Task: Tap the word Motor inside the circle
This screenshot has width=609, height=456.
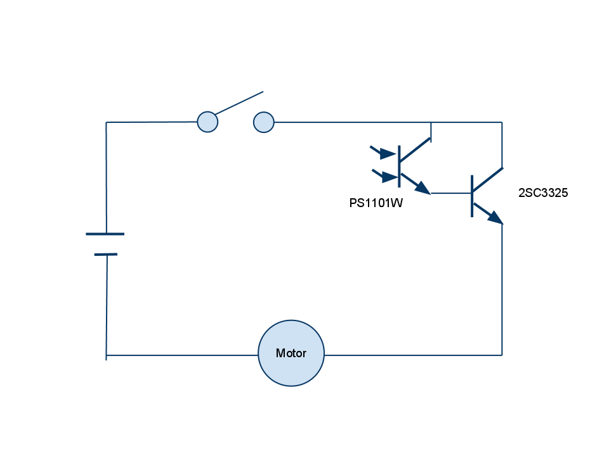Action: click(x=291, y=353)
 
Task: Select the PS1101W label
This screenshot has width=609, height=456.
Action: click(x=376, y=204)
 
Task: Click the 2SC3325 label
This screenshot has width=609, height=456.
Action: click(x=543, y=194)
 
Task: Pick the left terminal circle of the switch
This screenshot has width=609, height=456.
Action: click(x=207, y=122)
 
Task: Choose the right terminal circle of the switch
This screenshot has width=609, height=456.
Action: click(x=264, y=122)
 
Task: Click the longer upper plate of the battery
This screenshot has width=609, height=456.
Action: click(x=105, y=234)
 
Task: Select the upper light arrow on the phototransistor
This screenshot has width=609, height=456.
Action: click(x=383, y=152)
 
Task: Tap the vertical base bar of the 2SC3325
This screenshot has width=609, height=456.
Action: click(x=472, y=195)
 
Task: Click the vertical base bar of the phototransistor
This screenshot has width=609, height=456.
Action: click(x=399, y=166)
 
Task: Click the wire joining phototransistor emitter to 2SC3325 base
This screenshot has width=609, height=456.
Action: click(x=450, y=193)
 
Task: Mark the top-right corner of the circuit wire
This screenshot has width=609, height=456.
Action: click(x=502, y=122)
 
